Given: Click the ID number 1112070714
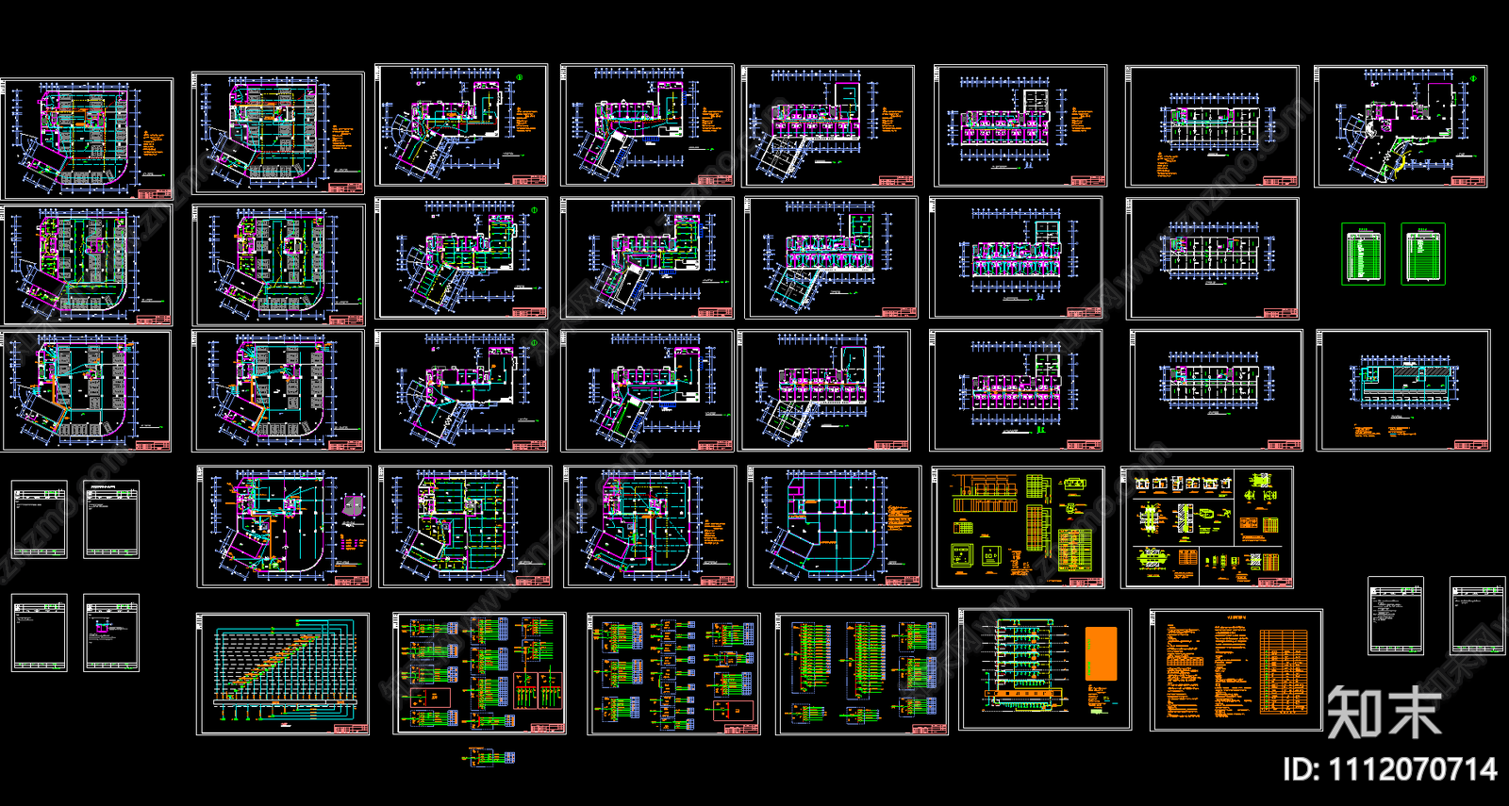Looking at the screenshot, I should click(x=1389, y=769).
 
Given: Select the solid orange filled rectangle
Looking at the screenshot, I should click(x=1101, y=654).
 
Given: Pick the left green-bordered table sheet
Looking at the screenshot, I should click(x=1363, y=254).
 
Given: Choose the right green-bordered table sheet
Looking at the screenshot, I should click(x=1423, y=254).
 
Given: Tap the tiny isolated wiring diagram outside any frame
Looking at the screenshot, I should click(x=491, y=756).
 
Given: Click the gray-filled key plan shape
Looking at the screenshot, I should click(x=353, y=508).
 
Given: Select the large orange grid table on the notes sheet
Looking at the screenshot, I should click(x=1284, y=671).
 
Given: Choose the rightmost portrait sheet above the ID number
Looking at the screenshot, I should click(x=1477, y=616).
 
